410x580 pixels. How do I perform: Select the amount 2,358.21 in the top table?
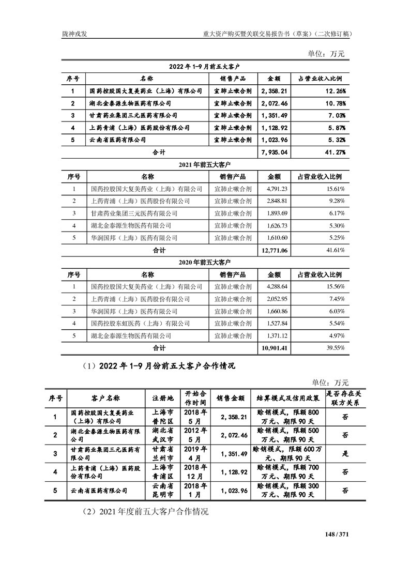tap(275, 91)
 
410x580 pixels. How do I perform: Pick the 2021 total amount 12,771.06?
tap(275, 250)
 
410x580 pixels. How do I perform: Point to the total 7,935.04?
tap(275, 152)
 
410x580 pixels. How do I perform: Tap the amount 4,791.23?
tap(276, 189)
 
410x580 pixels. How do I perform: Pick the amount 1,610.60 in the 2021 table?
tap(276, 238)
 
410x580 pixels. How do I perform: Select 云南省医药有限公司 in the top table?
tap(117, 140)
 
